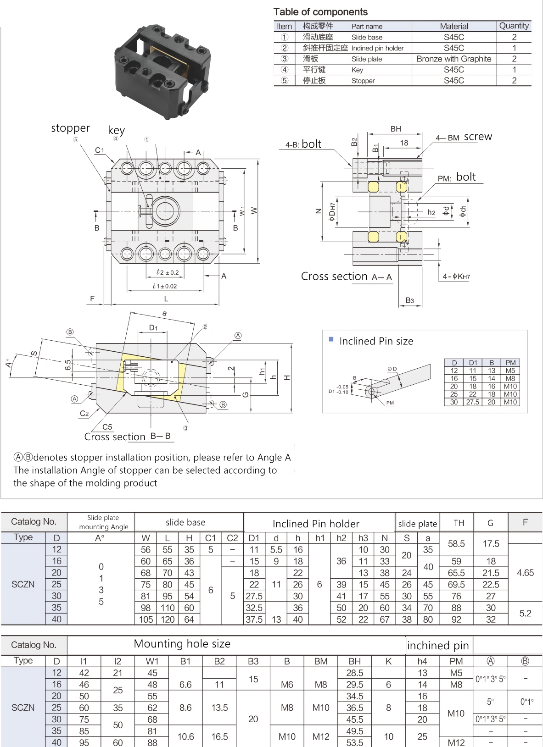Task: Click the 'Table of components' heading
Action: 320,12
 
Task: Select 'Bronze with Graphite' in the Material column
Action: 453,59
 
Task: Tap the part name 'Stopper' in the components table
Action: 363,81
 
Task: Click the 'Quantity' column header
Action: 514,26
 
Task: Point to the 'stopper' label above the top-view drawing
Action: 70,128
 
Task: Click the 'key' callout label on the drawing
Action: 116,130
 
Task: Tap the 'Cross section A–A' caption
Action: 346,277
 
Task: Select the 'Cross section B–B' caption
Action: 127,437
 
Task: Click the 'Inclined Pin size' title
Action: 376,341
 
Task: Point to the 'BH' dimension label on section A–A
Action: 396,129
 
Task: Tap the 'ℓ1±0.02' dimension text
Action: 165,286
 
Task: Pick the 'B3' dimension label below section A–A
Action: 409,301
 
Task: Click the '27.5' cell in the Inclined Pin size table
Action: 472,402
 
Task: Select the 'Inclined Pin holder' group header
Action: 316,524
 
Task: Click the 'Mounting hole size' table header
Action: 182,644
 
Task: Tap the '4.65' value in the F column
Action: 525,573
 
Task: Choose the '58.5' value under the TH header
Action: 456,544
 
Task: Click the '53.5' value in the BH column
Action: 354,742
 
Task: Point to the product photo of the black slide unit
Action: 163,71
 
